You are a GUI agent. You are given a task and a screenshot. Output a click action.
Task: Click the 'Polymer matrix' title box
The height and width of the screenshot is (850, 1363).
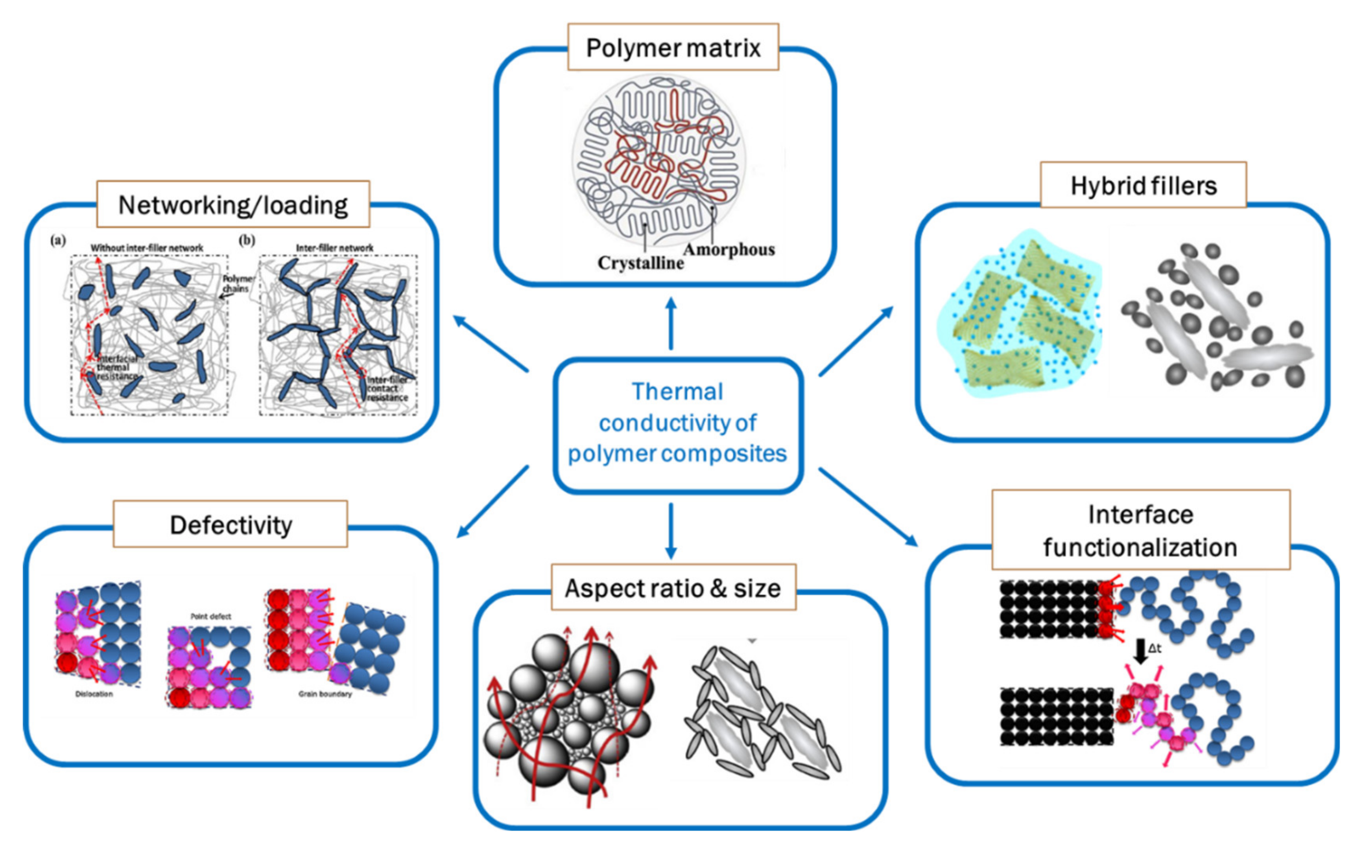pyautogui.click(x=673, y=48)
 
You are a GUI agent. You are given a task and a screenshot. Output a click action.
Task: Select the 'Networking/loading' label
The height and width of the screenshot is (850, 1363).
pyautogui.click(x=233, y=204)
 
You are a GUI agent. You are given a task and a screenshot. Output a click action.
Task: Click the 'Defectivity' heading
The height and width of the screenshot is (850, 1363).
pyautogui.click(x=231, y=524)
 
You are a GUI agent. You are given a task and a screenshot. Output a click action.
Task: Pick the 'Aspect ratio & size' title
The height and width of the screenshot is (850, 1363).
pyautogui.click(x=673, y=588)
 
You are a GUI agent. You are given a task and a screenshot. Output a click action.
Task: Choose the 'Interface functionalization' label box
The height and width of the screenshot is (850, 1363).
pyautogui.click(x=1140, y=530)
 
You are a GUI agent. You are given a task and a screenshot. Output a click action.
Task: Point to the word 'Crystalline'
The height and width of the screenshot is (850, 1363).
pyautogui.click(x=640, y=263)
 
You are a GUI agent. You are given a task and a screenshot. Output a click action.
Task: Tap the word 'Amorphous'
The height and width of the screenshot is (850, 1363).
pyautogui.click(x=729, y=249)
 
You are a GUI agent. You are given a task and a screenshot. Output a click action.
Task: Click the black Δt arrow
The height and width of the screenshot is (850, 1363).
pyautogui.click(x=1140, y=651)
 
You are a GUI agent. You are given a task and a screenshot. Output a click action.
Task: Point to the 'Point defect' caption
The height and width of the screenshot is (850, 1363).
pyautogui.click(x=211, y=616)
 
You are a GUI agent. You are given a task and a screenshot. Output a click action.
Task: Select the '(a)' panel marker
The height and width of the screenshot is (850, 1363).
pyautogui.click(x=58, y=241)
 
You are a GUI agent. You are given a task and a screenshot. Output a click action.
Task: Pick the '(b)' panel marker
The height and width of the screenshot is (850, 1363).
pyautogui.click(x=247, y=241)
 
